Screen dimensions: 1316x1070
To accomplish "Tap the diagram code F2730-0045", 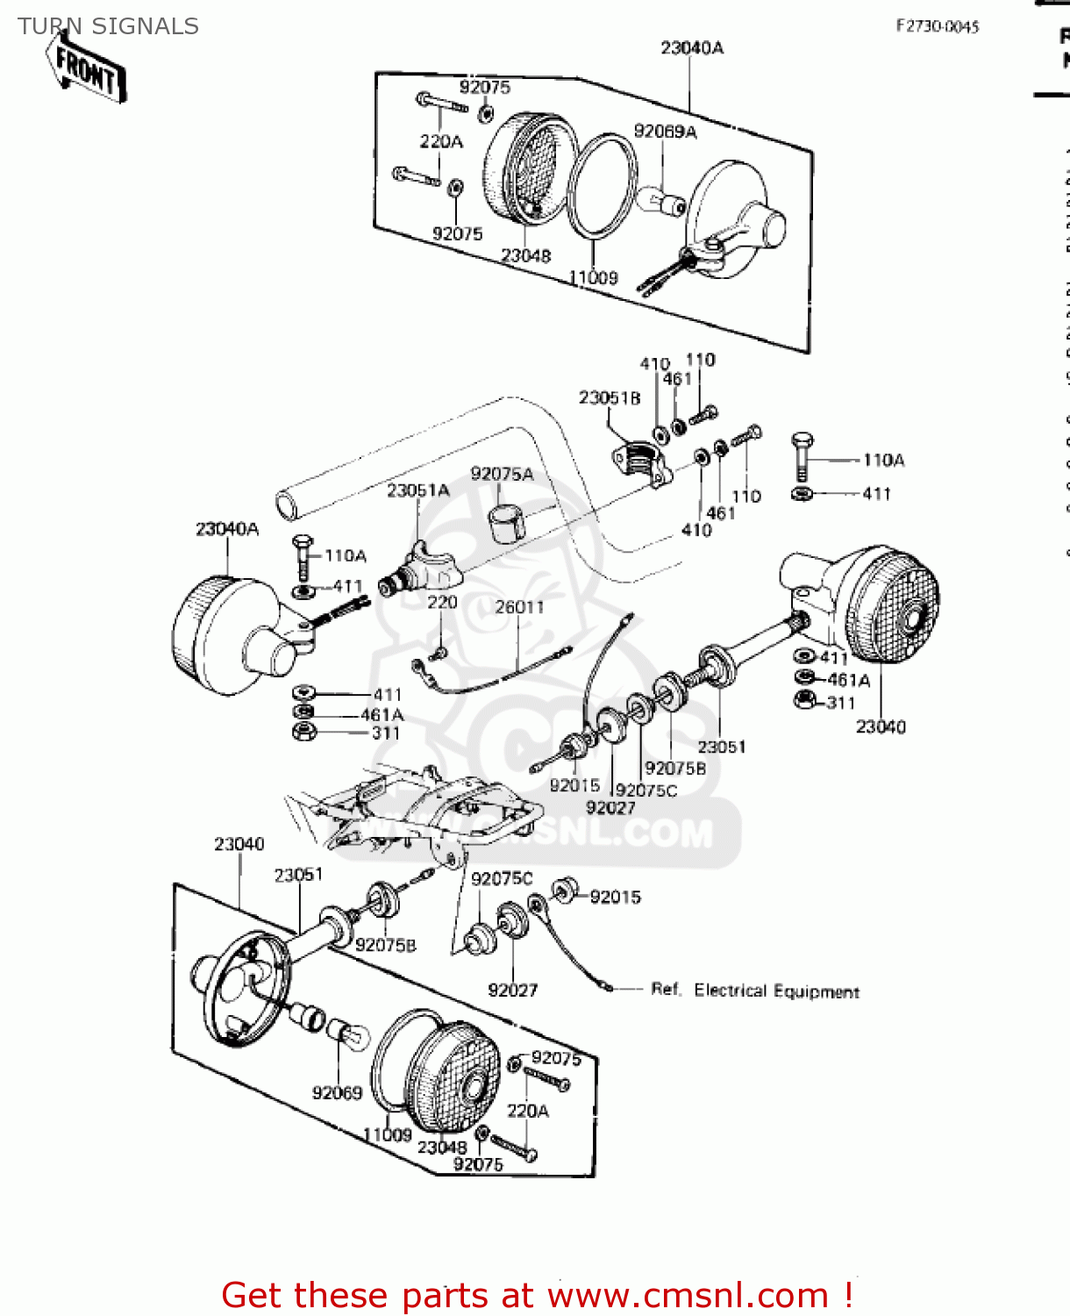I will pyautogui.click(x=937, y=26).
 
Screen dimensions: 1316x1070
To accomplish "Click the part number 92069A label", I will pyautogui.click(x=665, y=132).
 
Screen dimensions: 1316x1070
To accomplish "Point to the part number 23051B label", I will pyautogui.click(x=610, y=398).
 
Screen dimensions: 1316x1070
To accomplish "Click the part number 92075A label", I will pyautogui.click(x=502, y=474).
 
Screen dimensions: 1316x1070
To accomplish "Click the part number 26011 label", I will pyautogui.click(x=519, y=607).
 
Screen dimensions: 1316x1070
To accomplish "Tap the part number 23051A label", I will pyautogui.click(x=418, y=490).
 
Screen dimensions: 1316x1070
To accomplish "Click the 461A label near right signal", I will pyautogui.click(x=848, y=680).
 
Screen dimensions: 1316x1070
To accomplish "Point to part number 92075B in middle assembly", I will pyautogui.click(x=675, y=769).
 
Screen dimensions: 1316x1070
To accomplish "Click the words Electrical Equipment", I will pyautogui.click(x=776, y=991).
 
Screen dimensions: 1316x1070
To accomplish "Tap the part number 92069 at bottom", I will pyautogui.click(x=337, y=1093).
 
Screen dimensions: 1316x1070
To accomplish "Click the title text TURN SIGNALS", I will pyautogui.click(x=108, y=26).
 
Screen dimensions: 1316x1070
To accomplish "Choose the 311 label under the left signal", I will pyautogui.click(x=386, y=733).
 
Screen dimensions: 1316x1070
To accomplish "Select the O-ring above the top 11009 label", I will pyautogui.click(x=603, y=186).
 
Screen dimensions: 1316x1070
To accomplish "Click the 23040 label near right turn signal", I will pyautogui.click(x=881, y=726).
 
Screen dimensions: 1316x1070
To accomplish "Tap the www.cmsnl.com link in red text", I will pyautogui.click(x=688, y=1295).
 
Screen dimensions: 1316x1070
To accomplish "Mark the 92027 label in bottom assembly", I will pyautogui.click(x=512, y=990).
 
